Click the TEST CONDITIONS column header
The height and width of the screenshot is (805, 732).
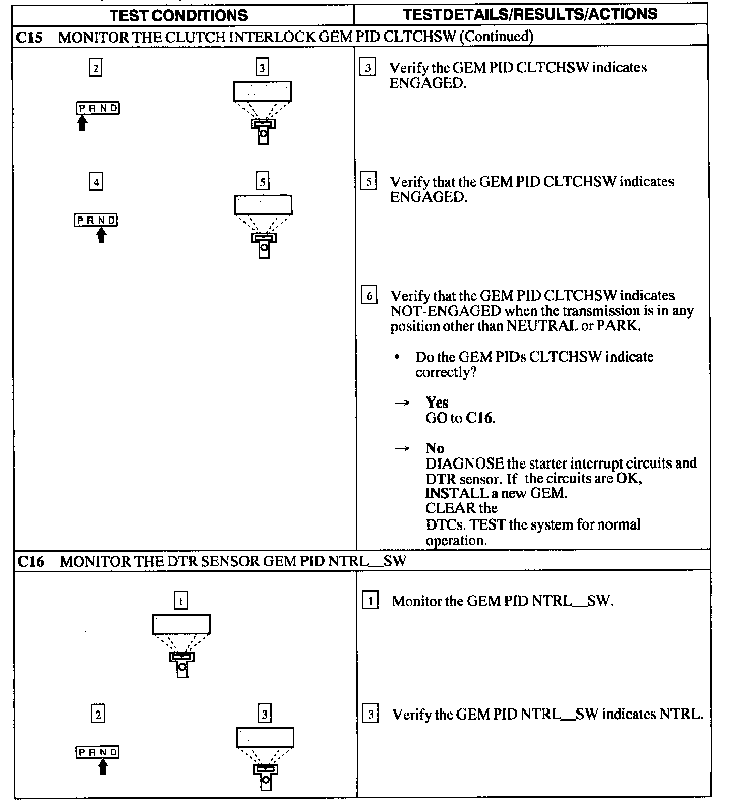(x=178, y=15)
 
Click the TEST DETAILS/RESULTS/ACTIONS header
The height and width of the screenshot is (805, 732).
(x=530, y=14)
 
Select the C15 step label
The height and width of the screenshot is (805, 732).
(x=30, y=37)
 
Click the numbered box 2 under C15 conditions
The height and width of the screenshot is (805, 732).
(x=95, y=68)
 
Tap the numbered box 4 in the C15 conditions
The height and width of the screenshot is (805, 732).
(x=96, y=181)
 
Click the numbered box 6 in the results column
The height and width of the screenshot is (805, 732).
(x=369, y=295)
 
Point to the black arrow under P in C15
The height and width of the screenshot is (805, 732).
(x=82, y=123)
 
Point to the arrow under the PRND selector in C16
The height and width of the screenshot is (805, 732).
(x=103, y=766)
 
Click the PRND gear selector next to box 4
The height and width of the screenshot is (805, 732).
(x=96, y=220)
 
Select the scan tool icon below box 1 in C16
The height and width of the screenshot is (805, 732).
(x=181, y=645)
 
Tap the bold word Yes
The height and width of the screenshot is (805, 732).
(x=437, y=402)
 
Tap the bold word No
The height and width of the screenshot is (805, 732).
(x=435, y=448)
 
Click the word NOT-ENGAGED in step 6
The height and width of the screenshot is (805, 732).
(x=445, y=311)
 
